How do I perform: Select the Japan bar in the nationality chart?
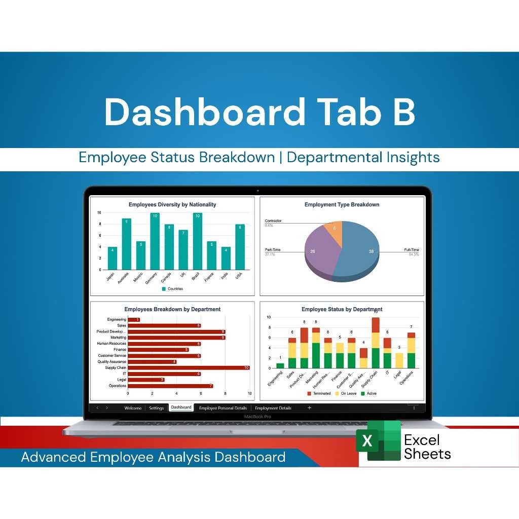(112, 258)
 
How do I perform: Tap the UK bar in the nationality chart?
(183, 250)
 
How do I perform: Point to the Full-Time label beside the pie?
(412, 250)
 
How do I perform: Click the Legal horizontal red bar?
(146, 380)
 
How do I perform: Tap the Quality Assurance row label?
(112, 362)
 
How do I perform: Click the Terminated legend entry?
(319, 393)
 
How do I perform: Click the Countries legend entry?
(172, 289)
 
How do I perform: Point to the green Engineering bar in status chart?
(280, 365)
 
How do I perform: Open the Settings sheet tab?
(157, 408)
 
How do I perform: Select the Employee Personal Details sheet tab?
(223, 408)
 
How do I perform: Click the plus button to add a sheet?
(309, 407)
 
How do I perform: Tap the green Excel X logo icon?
(367, 440)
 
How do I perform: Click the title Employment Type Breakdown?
(342, 205)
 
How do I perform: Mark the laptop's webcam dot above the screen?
(257, 191)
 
